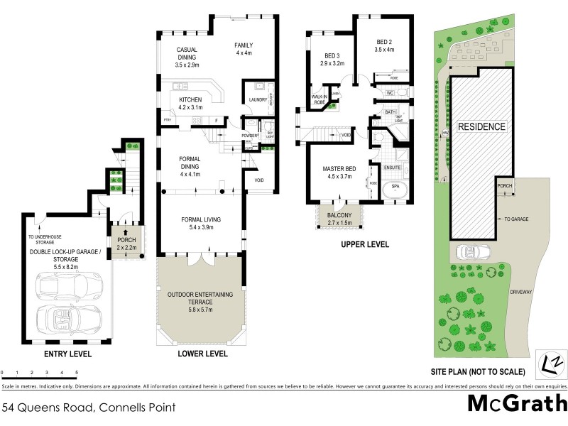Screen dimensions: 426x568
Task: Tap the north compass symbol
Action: tap(548, 362)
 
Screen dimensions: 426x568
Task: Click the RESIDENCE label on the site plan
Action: tap(481, 127)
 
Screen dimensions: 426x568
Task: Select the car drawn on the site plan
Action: tap(470, 252)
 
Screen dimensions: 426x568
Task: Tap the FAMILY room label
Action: tap(244, 49)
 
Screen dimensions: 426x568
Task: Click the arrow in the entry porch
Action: tap(125, 232)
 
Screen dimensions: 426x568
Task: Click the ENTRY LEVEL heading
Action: tap(67, 354)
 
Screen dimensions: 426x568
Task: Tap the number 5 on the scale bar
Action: tap(76, 373)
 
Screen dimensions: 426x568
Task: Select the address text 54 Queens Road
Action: tap(48, 408)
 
